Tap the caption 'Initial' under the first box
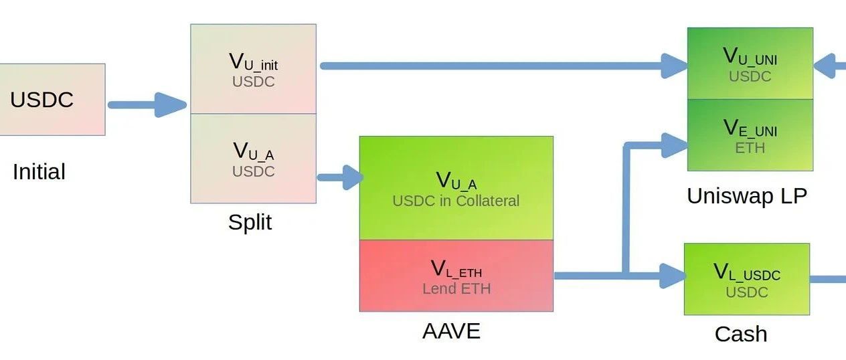tap(39, 172)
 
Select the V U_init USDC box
tap(253, 69)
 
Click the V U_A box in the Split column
tap(253, 159)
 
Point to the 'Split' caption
tap(250, 221)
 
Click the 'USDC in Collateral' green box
tap(456, 188)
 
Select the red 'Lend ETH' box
tap(456, 276)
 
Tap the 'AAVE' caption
tap(451, 331)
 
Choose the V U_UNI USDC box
tap(750, 64)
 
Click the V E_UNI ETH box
tap(750, 134)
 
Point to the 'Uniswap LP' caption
tap(746, 196)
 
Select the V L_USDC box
tap(746, 279)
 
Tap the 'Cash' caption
tap(740, 334)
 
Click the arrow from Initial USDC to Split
tap(147, 104)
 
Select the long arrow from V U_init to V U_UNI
tap(495, 66)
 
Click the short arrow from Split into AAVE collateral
tap(339, 177)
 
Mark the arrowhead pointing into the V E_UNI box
tap(674, 142)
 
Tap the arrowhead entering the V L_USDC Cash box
tap(672, 276)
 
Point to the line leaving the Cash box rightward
tap(829, 278)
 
